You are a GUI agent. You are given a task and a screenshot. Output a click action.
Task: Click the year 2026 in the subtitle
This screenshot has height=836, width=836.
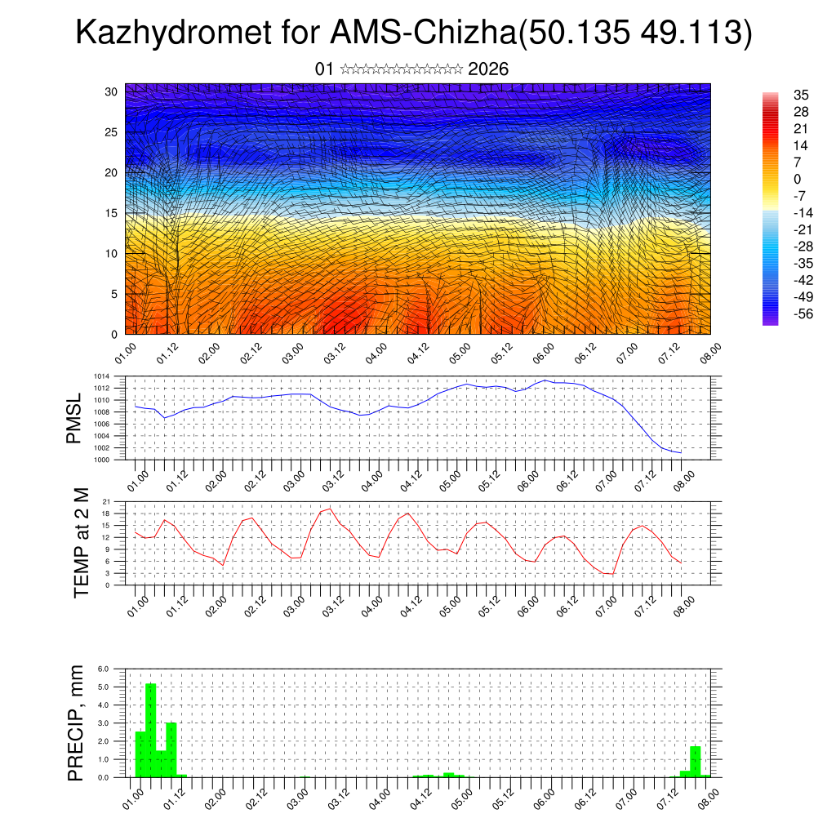488,69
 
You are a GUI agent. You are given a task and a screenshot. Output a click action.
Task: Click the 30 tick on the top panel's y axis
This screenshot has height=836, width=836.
111,91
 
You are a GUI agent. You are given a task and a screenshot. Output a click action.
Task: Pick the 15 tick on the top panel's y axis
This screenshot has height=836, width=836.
111,213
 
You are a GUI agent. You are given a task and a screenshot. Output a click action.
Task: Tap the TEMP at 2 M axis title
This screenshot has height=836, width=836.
81,542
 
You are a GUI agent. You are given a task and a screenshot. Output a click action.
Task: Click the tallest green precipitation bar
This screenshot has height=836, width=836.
150,730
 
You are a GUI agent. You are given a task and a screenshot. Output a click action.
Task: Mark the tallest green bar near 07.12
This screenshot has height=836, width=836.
695,761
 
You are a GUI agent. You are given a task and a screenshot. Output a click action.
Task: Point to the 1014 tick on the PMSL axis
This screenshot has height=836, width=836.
101,376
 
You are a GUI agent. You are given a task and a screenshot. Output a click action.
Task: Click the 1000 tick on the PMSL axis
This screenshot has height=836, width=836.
101,460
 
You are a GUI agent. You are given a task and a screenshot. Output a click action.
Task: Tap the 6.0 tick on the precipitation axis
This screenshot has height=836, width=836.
104,669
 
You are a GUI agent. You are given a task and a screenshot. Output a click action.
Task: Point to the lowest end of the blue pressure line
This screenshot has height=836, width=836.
681,452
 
